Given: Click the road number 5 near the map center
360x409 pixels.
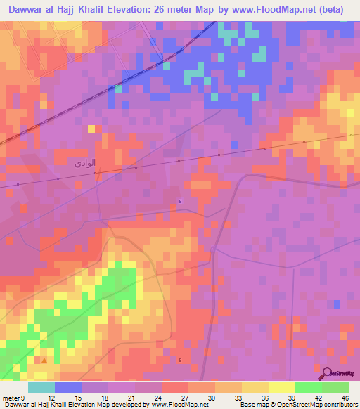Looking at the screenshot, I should tap(180, 202).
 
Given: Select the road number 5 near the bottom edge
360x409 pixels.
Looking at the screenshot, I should tap(180, 361).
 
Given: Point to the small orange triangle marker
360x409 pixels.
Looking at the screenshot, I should tap(45, 361).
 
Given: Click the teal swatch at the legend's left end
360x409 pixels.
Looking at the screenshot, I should tap(41, 388).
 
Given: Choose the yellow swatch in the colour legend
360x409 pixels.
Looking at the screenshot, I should tap(281, 388).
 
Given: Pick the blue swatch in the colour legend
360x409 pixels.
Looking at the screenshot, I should tap(67, 388).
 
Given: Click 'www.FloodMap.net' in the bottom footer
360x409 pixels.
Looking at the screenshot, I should tap(179, 405).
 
